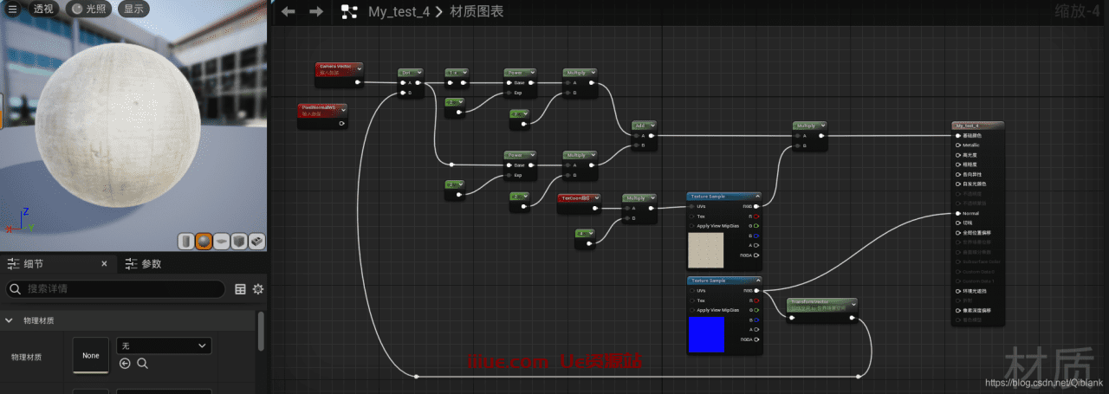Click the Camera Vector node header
(x=338, y=66)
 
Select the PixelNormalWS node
(x=321, y=107)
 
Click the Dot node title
(x=409, y=73)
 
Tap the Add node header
(x=643, y=125)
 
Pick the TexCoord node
(x=577, y=198)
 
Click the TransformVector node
(x=820, y=303)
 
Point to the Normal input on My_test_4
(x=970, y=213)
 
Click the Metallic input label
(x=971, y=145)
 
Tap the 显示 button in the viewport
(x=133, y=9)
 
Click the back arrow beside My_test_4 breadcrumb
(x=289, y=11)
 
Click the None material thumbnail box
(x=91, y=356)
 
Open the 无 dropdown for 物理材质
(x=164, y=346)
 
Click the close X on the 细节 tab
(x=104, y=264)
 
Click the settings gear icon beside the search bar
(x=257, y=289)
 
